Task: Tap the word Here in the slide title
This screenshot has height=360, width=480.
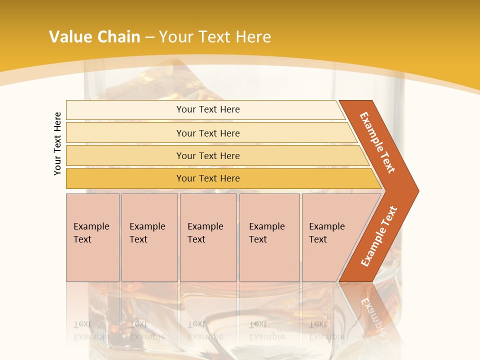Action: click(253, 36)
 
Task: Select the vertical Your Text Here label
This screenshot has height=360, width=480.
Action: click(57, 144)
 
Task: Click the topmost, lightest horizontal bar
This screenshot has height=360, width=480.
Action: click(125, 109)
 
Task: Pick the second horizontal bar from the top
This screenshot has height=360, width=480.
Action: click(125, 133)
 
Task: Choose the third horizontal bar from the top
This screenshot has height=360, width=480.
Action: click(125, 155)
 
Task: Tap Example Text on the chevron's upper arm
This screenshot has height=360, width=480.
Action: click(377, 142)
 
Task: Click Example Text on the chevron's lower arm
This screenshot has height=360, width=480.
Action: click(379, 236)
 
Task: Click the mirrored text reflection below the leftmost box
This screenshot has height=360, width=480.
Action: click(91, 330)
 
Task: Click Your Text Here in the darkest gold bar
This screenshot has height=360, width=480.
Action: click(208, 178)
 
